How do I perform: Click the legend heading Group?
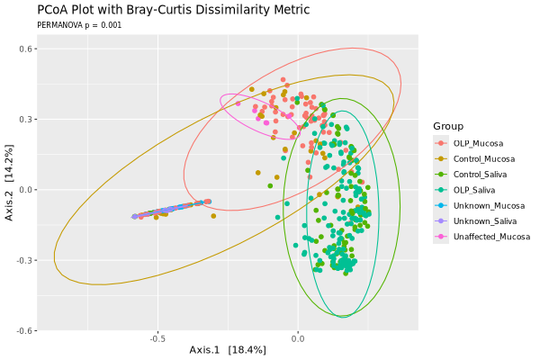pos(447,125)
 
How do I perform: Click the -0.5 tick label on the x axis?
pos(157,339)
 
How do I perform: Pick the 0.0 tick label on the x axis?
pos(298,339)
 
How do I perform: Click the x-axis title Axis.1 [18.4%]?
pos(228,349)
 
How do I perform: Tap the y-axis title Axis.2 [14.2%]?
pos(8,190)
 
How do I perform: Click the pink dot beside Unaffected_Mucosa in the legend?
pos(440,237)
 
